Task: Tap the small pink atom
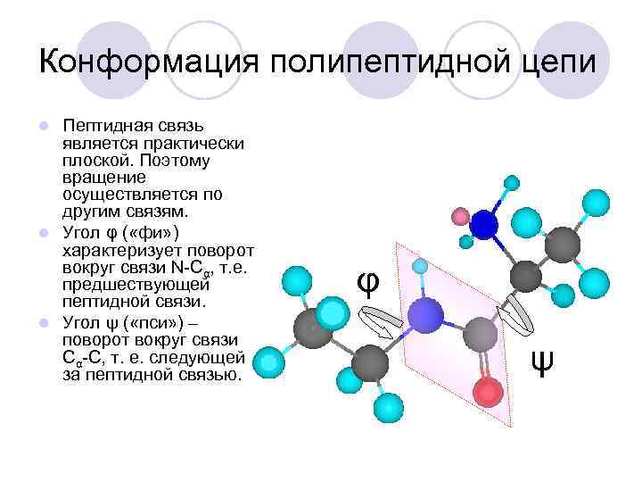click(x=461, y=216)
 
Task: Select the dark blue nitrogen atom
click(x=485, y=224)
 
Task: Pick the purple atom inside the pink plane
click(x=426, y=314)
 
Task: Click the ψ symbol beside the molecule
click(x=541, y=362)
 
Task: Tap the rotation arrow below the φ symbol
click(x=383, y=320)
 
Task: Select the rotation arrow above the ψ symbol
click(x=515, y=308)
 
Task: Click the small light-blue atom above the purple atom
click(x=420, y=266)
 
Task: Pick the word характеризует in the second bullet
click(x=117, y=251)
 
